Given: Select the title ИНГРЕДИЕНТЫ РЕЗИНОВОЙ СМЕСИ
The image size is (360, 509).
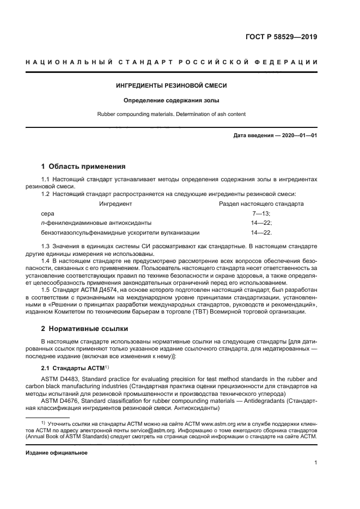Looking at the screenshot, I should (x=172, y=86).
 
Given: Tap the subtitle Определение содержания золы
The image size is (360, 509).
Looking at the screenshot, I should (x=172, y=100).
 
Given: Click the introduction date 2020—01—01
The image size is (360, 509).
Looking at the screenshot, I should (x=297, y=135).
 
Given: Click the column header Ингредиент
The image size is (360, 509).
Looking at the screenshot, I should (x=115, y=204).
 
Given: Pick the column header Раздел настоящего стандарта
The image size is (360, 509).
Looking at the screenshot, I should (x=261, y=204).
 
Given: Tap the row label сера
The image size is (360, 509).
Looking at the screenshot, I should (x=48, y=213).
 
